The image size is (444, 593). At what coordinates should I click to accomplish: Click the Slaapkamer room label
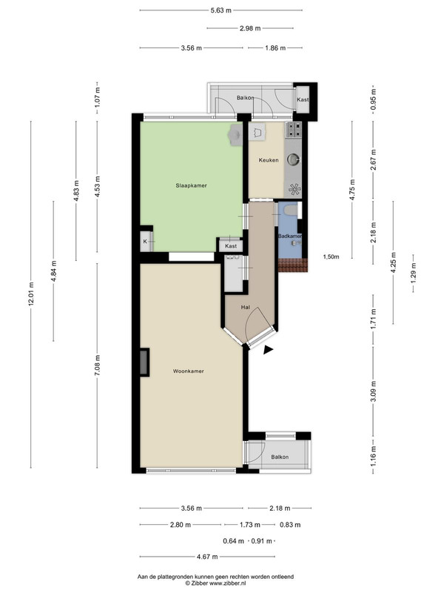click(x=191, y=186)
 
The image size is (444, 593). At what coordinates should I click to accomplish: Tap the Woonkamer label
click(x=189, y=371)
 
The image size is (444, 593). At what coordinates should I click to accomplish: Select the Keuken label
click(x=269, y=160)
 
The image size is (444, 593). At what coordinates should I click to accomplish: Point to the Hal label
click(x=246, y=308)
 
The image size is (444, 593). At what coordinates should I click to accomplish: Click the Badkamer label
click(x=290, y=236)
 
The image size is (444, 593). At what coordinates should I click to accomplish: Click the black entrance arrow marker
click(x=268, y=350)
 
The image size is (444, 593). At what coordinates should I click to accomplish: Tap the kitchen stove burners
click(x=294, y=129)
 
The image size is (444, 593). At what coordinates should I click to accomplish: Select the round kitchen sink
click(x=293, y=160)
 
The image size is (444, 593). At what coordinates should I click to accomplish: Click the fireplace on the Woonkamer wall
click(x=144, y=362)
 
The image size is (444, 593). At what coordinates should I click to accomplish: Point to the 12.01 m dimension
click(x=31, y=294)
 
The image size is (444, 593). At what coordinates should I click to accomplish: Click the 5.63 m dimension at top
click(x=221, y=10)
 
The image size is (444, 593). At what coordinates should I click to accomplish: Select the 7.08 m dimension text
click(x=98, y=365)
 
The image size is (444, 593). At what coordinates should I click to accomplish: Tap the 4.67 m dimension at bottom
click(x=207, y=557)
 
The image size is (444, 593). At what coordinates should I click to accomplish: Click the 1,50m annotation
click(x=331, y=256)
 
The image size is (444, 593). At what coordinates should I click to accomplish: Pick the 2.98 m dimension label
click(x=250, y=28)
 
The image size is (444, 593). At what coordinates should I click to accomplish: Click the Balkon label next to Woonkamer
click(x=280, y=457)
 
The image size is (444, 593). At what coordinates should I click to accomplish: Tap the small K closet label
click(x=145, y=242)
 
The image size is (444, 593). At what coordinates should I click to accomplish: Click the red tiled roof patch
click(x=293, y=265)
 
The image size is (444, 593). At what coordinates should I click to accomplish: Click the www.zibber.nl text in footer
click(x=226, y=583)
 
